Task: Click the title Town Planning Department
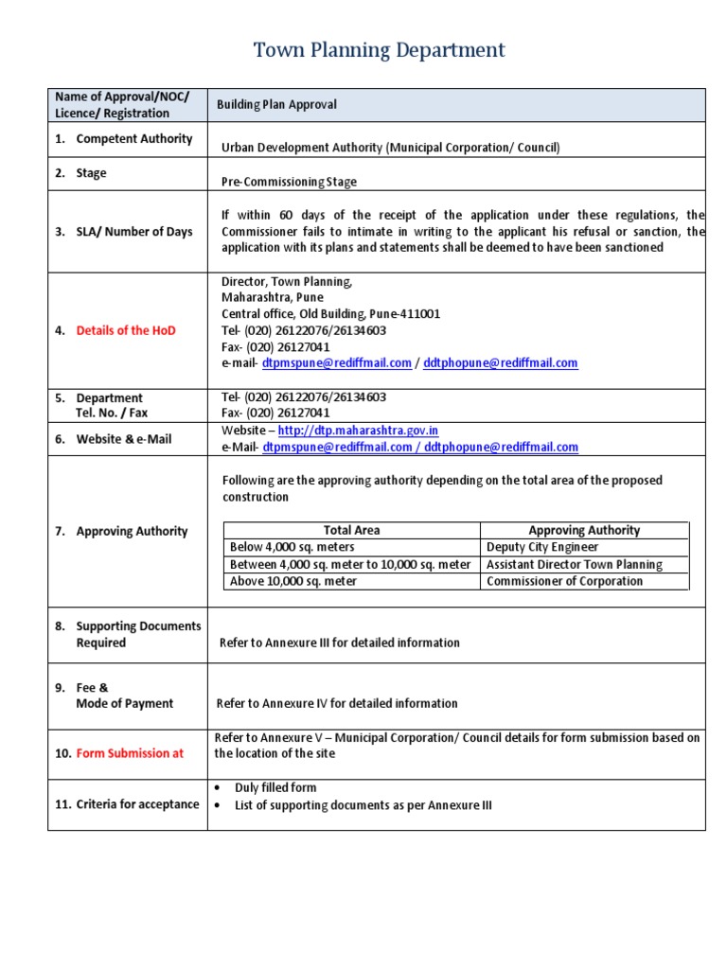(379, 50)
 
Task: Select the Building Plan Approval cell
(276, 105)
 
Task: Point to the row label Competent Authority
(133, 139)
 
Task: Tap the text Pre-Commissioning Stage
(289, 182)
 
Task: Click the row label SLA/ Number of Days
(133, 232)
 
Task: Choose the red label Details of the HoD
(125, 330)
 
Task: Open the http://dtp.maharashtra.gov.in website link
(358, 431)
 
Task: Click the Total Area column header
(351, 531)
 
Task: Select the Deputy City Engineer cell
(542, 548)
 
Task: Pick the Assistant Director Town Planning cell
(574, 565)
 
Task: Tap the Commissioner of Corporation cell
(564, 582)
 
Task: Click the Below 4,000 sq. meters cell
(293, 548)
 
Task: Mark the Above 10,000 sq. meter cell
(294, 582)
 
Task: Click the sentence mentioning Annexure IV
(336, 704)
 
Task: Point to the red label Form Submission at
(130, 753)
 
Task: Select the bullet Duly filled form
(275, 788)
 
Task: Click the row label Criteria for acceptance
(137, 804)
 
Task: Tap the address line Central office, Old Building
(330, 314)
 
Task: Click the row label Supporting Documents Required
(138, 635)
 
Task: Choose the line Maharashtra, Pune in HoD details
(272, 297)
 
